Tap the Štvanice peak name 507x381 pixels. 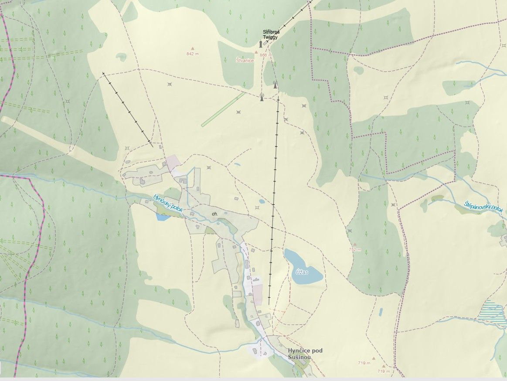click(x=245, y=61)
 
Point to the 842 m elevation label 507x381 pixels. click(x=192, y=54)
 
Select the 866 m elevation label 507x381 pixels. click(x=265, y=55)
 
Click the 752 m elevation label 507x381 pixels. click(x=355, y=250)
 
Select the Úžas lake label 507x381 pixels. click(x=302, y=272)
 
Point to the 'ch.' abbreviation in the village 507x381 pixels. click(x=214, y=214)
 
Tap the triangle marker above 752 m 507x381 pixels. click(x=355, y=245)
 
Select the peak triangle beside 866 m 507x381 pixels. click(x=256, y=52)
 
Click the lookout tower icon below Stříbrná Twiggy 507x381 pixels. click(x=261, y=44)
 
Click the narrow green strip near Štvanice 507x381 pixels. click(x=223, y=109)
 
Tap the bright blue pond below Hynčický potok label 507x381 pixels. click(x=163, y=217)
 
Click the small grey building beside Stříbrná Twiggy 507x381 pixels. click(x=265, y=44)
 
